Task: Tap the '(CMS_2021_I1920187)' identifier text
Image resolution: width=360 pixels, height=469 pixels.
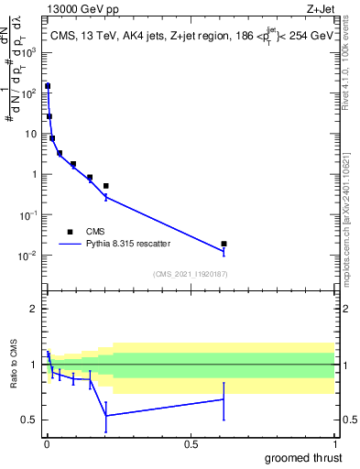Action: pyautogui.click(x=190, y=274)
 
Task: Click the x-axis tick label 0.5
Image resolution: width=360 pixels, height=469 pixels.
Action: pyautogui.click(x=191, y=443)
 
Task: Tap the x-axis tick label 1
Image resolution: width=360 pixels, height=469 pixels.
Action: pyautogui.click(x=334, y=443)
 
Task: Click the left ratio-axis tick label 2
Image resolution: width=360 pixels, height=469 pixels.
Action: pyautogui.click(x=33, y=310)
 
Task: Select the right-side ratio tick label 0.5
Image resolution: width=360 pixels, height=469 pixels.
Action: pyautogui.click(x=348, y=420)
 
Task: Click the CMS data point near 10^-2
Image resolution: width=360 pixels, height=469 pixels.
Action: pyautogui.click(x=224, y=244)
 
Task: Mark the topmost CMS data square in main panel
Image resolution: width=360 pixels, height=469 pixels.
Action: pyautogui.click(x=48, y=86)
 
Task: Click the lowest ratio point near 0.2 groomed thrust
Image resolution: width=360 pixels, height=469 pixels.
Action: pyautogui.click(x=106, y=416)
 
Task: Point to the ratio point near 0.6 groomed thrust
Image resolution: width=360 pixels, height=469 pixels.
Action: pyautogui.click(x=224, y=398)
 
